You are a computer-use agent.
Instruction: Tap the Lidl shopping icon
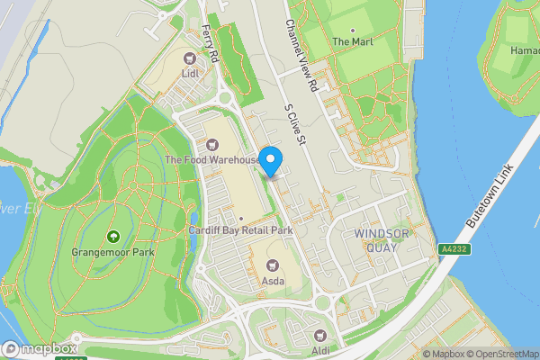click(189, 58)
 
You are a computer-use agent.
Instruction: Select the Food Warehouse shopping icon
click(212, 144)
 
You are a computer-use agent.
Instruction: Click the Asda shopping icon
click(273, 265)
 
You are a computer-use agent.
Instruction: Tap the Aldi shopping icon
click(320, 334)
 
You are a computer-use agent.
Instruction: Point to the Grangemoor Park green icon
click(113, 237)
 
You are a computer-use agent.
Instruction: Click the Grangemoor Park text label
click(113, 253)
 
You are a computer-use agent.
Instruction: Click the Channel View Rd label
click(302, 56)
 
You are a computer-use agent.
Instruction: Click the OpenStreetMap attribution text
click(499, 354)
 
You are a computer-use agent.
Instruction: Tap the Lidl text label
click(189, 74)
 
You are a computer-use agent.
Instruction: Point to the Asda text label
click(273, 281)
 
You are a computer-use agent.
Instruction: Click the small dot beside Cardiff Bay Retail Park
click(241, 219)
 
